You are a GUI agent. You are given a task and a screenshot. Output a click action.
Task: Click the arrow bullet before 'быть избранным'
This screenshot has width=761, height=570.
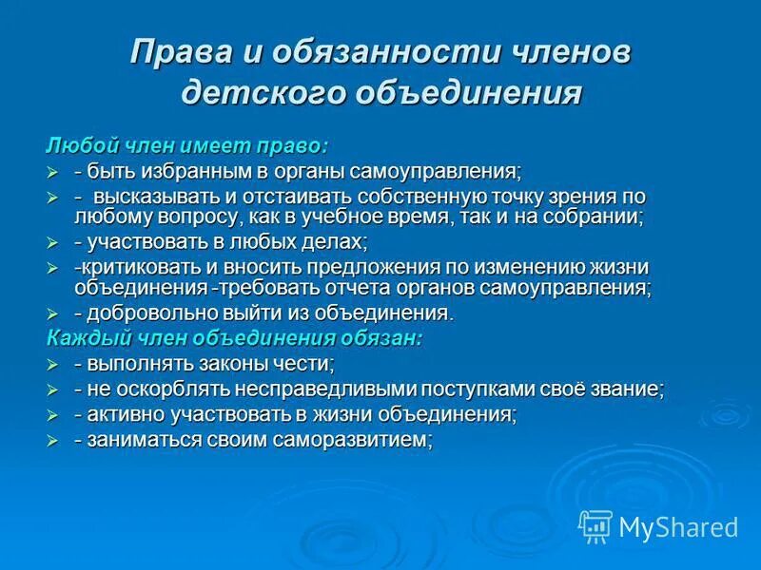[x=53, y=172]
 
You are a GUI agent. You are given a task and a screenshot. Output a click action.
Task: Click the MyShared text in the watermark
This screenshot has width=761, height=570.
[x=678, y=526]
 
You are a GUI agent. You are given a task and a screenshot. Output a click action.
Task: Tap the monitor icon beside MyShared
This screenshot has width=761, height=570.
[x=595, y=525]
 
